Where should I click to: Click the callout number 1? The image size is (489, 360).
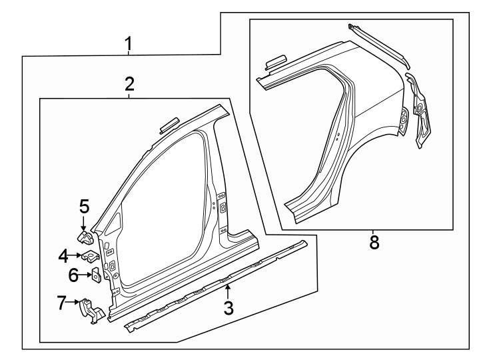pyautogui.click(x=129, y=45)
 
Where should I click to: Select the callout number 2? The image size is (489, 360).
pyautogui.click(x=129, y=84)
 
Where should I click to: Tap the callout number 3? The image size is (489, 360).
pyautogui.click(x=229, y=307)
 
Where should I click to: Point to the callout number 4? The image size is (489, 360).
pyautogui.click(x=63, y=255)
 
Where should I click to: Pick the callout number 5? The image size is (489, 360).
pyautogui.click(x=84, y=206)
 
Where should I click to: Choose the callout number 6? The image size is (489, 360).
pyautogui.click(x=74, y=273)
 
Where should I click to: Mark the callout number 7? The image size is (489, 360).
pyautogui.click(x=62, y=304)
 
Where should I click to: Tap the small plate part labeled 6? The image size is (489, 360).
pyautogui.click(x=95, y=275)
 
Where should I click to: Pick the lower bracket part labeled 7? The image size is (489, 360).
pyautogui.click(x=93, y=311)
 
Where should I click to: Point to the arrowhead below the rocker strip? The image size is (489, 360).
pyautogui.click(x=229, y=289)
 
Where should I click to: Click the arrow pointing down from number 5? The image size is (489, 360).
pyautogui.click(x=84, y=224)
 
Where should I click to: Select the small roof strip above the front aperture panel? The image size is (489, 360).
pyautogui.click(x=168, y=124)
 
